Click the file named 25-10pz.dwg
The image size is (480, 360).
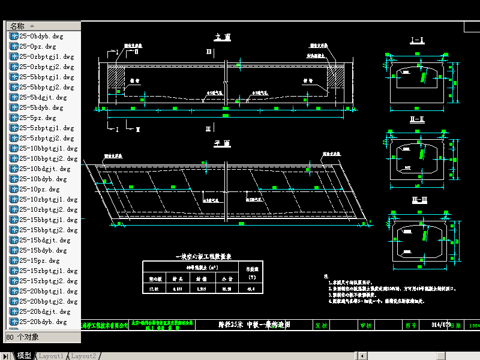40,189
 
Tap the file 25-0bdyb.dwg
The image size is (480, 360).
42,36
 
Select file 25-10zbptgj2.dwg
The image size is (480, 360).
48,209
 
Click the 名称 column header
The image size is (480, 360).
17,26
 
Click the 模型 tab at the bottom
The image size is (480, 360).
24,356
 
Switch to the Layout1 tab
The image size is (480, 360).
51,356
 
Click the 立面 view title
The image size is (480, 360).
223,37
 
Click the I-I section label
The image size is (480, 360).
417,41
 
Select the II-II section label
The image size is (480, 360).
417,119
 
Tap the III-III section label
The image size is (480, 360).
417,200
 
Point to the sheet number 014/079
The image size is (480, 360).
441,325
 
